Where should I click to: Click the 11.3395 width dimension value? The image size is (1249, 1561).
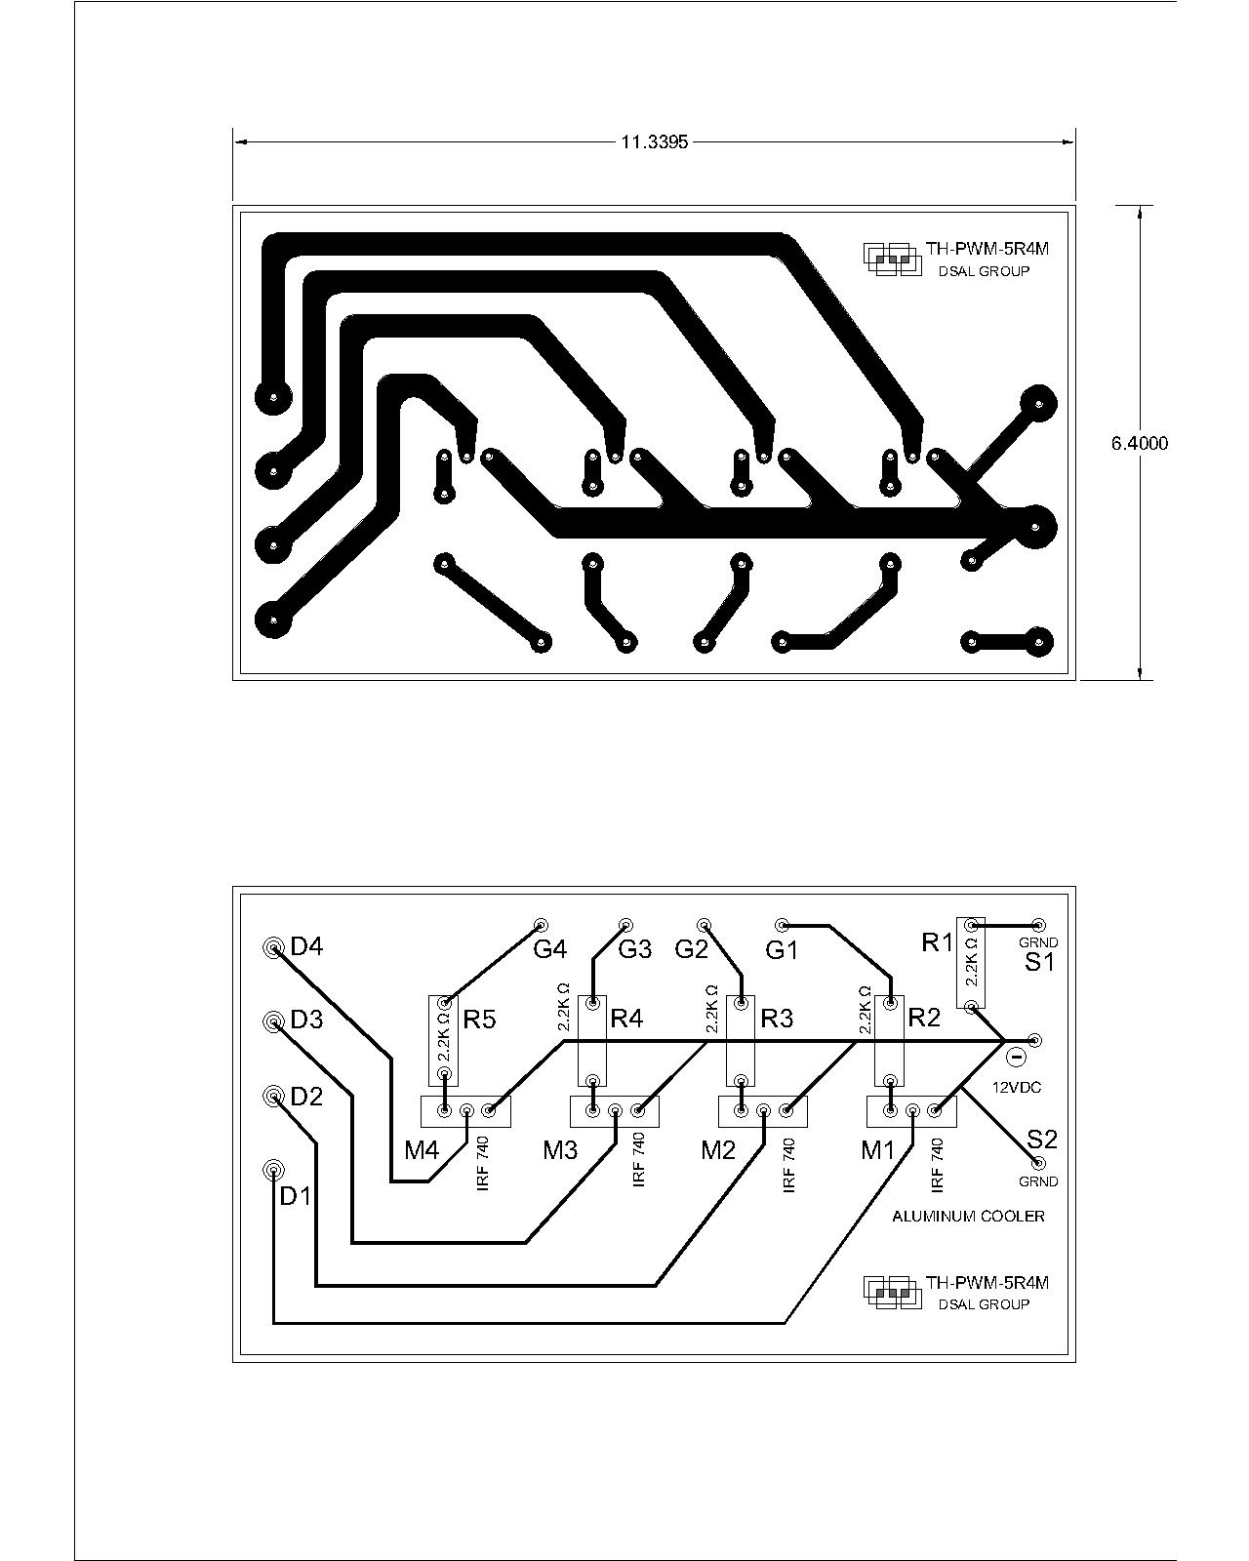pyautogui.click(x=654, y=142)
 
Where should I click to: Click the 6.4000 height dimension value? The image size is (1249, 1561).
pyautogui.click(x=1140, y=443)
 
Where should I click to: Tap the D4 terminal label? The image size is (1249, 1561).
pyautogui.click(x=306, y=946)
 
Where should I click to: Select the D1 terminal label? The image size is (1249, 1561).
pyautogui.click(x=296, y=1196)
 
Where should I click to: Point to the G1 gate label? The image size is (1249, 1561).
pyautogui.click(x=783, y=949)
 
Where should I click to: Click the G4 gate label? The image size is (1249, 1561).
pyautogui.click(x=550, y=948)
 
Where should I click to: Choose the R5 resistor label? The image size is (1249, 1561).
pyautogui.click(x=479, y=1020)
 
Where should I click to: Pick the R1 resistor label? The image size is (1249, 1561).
pyautogui.click(x=937, y=942)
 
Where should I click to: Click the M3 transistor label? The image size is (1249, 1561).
pyautogui.click(x=560, y=1150)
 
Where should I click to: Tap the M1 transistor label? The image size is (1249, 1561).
pyautogui.click(x=877, y=1150)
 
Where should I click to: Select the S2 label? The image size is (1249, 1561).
pyautogui.click(x=1042, y=1140)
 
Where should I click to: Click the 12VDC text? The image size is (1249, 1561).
pyautogui.click(x=1017, y=1087)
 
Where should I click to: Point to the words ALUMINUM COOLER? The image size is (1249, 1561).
pyautogui.click(x=968, y=1217)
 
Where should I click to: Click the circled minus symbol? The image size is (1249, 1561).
pyautogui.click(x=1018, y=1057)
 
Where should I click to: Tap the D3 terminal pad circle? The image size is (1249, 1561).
pyautogui.click(x=273, y=1022)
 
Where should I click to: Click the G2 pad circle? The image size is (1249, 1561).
pyautogui.click(x=704, y=925)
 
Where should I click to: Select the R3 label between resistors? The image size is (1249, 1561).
pyautogui.click(x=777, y=1019)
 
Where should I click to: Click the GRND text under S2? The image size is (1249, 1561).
pyautogui.click(x=1038, y=1181)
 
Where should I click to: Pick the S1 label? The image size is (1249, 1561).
pyautogui.click(x=1039, y=963)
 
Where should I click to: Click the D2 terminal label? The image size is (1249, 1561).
pyautogui.click(x=306, y=1096)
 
